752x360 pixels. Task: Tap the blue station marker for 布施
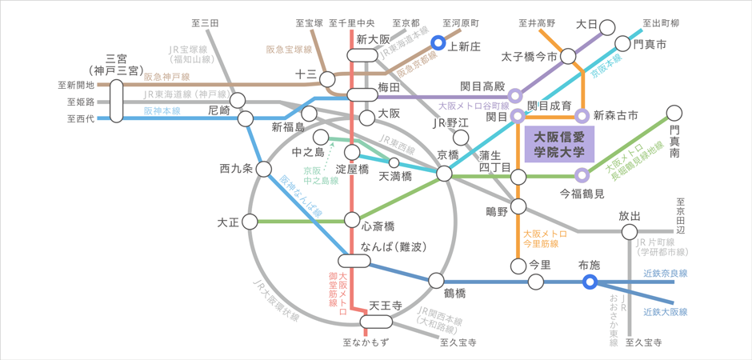tap(590, 282)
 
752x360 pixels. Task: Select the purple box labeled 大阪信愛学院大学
tap(560, 144)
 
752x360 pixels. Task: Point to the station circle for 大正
tap(250, 221)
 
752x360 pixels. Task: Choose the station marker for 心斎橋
tap(352, 220)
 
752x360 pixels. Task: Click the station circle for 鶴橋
tap(436, 281)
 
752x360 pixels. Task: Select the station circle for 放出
tap(630, 232)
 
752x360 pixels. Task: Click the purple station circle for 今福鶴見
tap(582, 175)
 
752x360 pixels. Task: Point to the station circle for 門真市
tap(623, 44)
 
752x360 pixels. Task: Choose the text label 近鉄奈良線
tap(665, 273)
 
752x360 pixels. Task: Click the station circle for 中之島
tap(321, 137)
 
